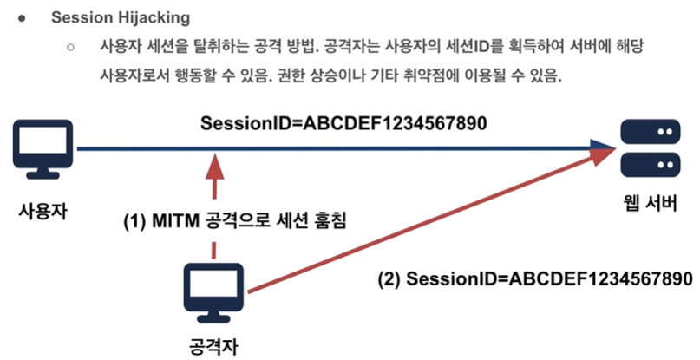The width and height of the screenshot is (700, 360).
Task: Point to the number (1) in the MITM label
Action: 135,221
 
